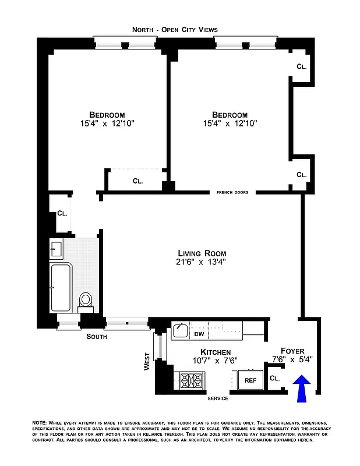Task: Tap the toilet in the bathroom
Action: coord(86,300)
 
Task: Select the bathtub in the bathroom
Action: coord(61,288)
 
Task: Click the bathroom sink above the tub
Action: coord(56,249)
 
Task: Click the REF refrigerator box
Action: coord(250,380)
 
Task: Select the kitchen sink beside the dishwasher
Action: coord(180,331)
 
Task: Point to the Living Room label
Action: coord(202,253)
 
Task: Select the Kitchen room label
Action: coord(216,352)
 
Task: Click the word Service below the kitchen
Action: coord(218,398)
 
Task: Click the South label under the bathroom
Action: coord(96,337)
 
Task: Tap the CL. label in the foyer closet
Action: coord(275,378)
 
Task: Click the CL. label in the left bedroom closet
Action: coord(137,181)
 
